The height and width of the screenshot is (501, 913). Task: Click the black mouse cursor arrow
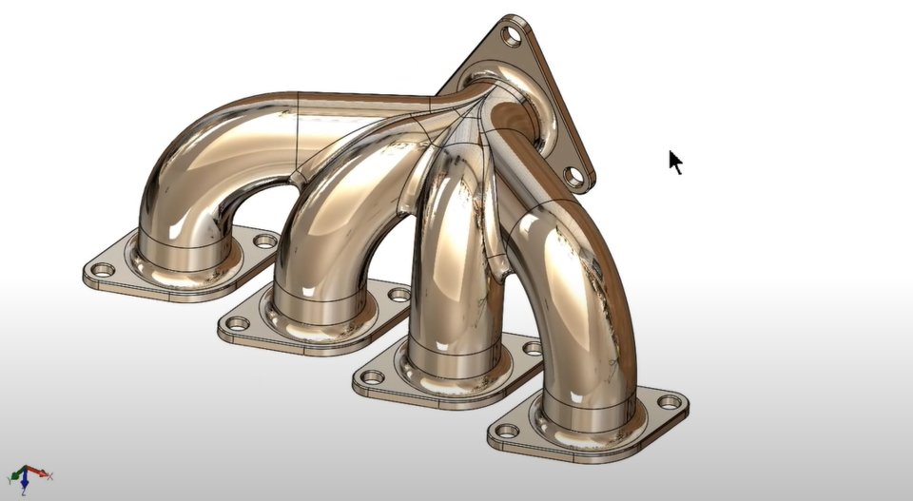[675, 163]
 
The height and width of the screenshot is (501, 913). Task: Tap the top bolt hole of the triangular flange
[513, 38]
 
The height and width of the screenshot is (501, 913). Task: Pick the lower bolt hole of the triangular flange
[573, 176]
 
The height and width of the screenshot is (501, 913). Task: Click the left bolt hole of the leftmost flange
[103, 270]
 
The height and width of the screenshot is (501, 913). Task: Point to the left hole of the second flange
[238, 324]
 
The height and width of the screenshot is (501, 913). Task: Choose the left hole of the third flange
[373, 377]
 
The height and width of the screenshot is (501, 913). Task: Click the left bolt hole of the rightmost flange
[508, 431]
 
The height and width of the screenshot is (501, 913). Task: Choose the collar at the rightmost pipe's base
[585, 418]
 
